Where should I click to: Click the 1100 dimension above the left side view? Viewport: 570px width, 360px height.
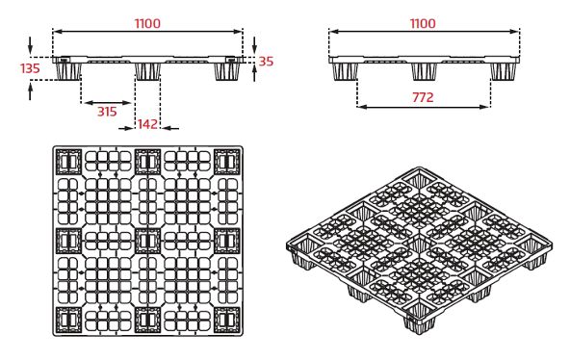[146, 23]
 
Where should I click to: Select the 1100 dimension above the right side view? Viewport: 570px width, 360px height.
[423, 23]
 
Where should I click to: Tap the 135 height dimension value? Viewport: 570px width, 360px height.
[30, 68]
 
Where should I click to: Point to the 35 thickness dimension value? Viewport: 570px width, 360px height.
[267, 62]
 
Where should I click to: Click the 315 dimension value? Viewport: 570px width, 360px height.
[107, 112]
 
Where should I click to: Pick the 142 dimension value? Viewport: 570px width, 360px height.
[147, 124]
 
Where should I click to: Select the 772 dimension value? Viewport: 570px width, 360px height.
[423, 97]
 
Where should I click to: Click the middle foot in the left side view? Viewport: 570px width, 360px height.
[147, 71]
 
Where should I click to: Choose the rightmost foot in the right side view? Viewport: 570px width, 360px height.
[504, 70]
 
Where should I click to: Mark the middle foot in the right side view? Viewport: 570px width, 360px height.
[424, 70]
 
